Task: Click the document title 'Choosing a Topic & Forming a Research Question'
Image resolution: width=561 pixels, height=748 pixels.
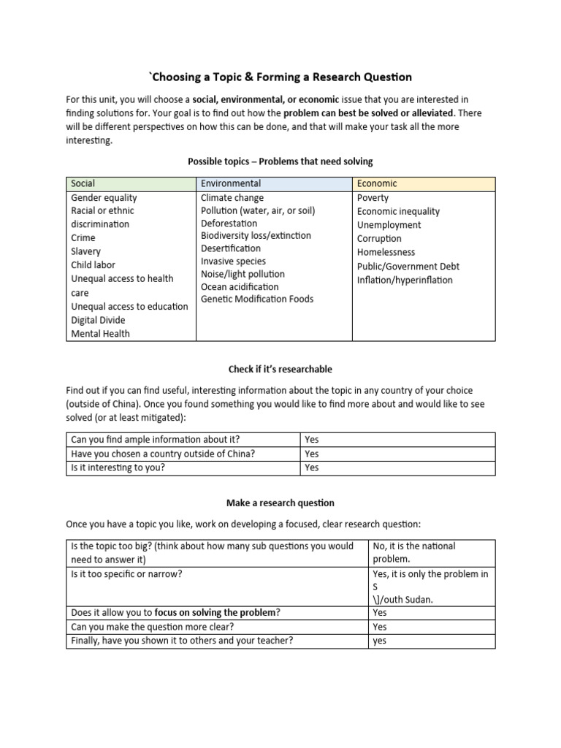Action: point(280,77)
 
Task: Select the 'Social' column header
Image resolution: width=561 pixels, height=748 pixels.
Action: point(83,183)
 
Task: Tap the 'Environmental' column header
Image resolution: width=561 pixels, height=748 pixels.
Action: point(231,183)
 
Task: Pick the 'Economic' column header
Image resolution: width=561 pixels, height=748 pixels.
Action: point(377,183)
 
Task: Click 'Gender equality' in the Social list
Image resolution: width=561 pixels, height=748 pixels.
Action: point(104,197)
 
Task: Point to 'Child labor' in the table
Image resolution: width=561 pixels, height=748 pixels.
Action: point(93,264)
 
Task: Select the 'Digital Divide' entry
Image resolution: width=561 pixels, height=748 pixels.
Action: point(98,320)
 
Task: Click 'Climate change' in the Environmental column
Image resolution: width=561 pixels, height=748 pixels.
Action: point(232,197)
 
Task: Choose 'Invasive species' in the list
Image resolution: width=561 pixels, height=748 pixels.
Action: point(233,261)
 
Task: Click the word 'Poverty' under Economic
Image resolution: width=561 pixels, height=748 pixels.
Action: point(373,197)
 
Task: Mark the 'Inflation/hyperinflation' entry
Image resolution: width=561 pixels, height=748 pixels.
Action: point(405,280)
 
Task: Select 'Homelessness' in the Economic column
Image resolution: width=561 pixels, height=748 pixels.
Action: point(386,252)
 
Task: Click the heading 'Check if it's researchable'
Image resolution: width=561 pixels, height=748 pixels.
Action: point(280,369)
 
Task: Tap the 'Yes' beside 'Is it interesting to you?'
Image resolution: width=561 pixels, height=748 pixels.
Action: point(312,467)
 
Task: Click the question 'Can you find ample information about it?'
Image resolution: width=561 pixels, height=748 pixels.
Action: point(155,439)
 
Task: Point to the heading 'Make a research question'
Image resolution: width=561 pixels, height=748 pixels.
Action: point(280,503)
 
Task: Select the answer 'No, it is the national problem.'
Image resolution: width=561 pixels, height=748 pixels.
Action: point(413,552)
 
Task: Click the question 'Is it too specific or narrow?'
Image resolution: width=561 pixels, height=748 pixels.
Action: point(126,573)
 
